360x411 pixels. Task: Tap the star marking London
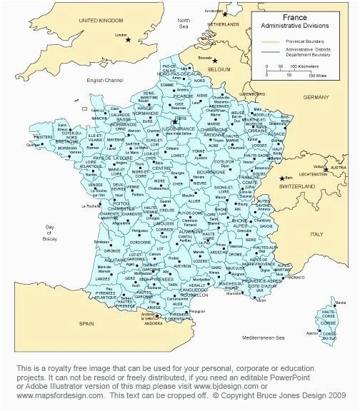click(x=129, y=39)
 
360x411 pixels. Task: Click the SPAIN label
click(x=86, y=323)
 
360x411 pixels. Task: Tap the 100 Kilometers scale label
click(x=304, y=66)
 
